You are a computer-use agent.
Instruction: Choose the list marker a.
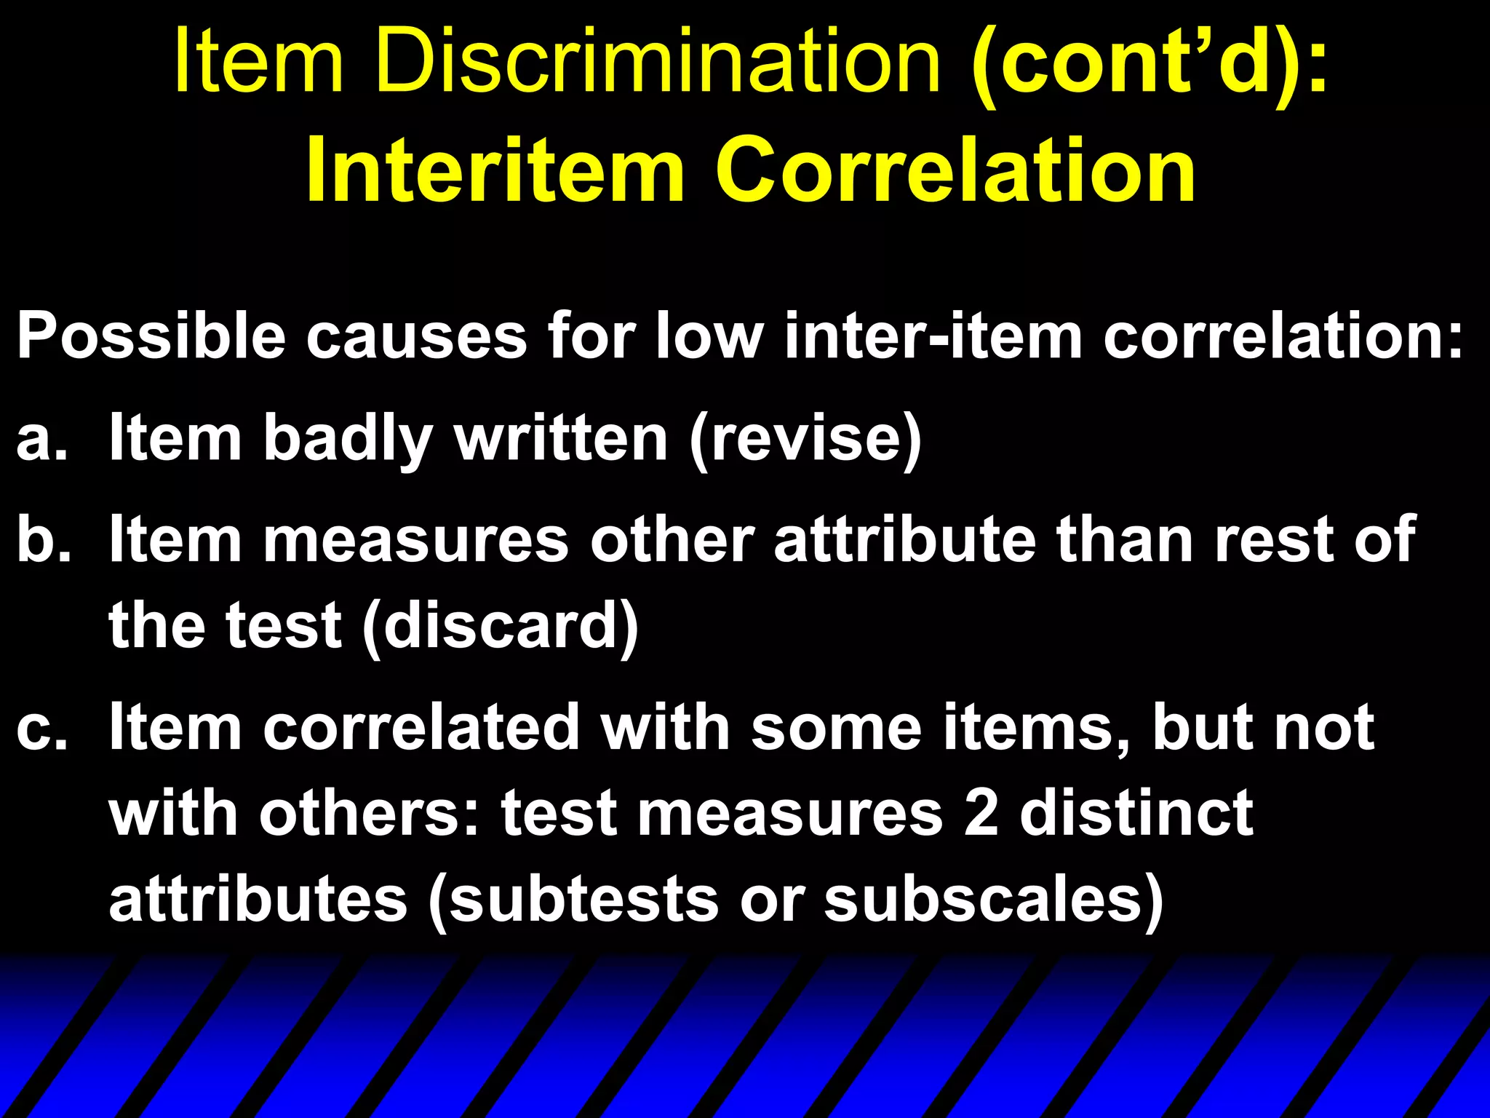pyautogui.click(x=42, y=440)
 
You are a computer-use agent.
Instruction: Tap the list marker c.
pyautogui.click(x=41, y=729)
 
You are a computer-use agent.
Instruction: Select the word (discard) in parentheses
pyautogui.click(x=500, y=626)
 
